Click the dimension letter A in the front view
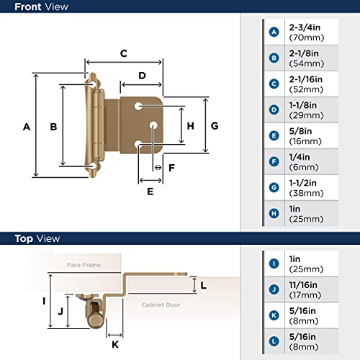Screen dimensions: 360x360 [x=27, y=127]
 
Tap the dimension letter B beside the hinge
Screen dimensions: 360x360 [x=53, y=127]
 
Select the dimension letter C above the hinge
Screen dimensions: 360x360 [x=124, y=53]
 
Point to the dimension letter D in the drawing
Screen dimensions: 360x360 [x=142, y=76]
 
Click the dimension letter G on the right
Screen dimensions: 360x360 [x=215, y=125]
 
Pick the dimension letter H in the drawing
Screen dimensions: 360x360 [x=190, y=125]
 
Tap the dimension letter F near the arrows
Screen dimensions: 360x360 [x=171, y=167]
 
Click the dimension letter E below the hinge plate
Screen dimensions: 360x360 [x=150, y=192]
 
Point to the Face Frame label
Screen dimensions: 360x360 [x=80, y=264]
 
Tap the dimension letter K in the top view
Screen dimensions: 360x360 [x=114, y=344]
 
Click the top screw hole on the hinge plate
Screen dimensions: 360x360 [x=138, y=106]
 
